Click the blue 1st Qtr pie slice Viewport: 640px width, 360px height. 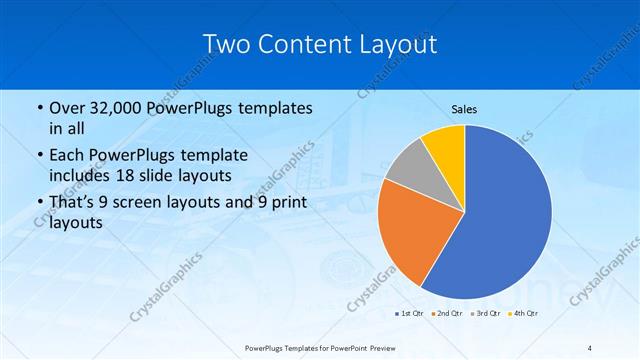(x=505, y=215)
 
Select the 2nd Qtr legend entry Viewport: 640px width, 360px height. (x=447, y=314)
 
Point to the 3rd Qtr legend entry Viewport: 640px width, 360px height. (x=486, y=314)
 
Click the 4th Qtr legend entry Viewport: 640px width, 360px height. (x=523, y=314)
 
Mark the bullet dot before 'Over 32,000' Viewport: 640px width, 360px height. (x=39, y=108)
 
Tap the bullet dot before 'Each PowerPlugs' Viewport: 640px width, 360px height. (x=39, y=154)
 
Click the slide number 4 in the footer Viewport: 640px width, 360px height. (x=590, y=347)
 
